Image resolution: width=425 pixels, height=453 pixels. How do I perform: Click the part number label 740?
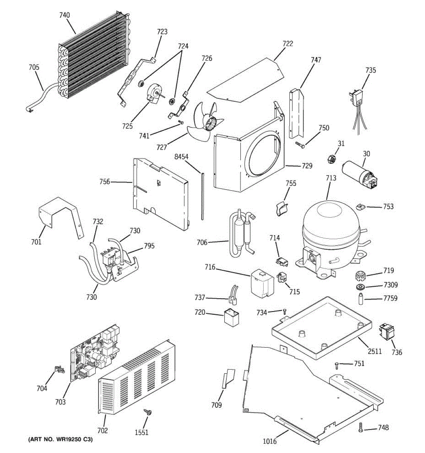click(x=64, y=15)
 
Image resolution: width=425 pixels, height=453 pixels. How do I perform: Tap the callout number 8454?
click(x=181, y=157)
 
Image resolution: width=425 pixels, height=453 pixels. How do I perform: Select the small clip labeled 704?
click(x=60, y=369)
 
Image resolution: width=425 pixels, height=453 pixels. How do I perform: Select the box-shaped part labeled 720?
click(x=231, y=316)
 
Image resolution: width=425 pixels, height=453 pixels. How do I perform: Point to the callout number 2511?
click(x=375, y=351)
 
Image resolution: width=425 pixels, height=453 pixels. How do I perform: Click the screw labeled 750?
click(x=300, y=145)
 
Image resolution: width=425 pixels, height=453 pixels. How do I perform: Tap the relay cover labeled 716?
click(x=262, y=283)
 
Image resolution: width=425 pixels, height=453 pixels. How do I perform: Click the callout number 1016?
click(x=270, y=441)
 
